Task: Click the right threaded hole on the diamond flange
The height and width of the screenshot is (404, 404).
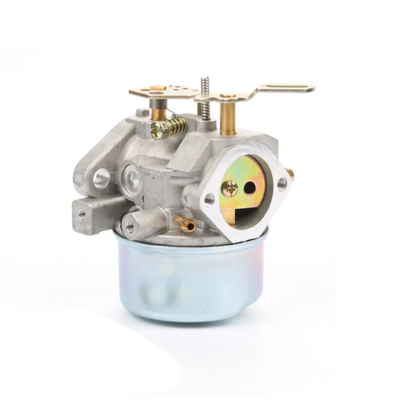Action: [x=282, y=184]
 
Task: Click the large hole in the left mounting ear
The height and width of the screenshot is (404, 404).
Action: [x=101, y=178]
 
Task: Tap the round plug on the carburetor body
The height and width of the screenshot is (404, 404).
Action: [x=132, y=177]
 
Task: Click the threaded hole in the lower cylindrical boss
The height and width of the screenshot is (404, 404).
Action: [x=130, y=227]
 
